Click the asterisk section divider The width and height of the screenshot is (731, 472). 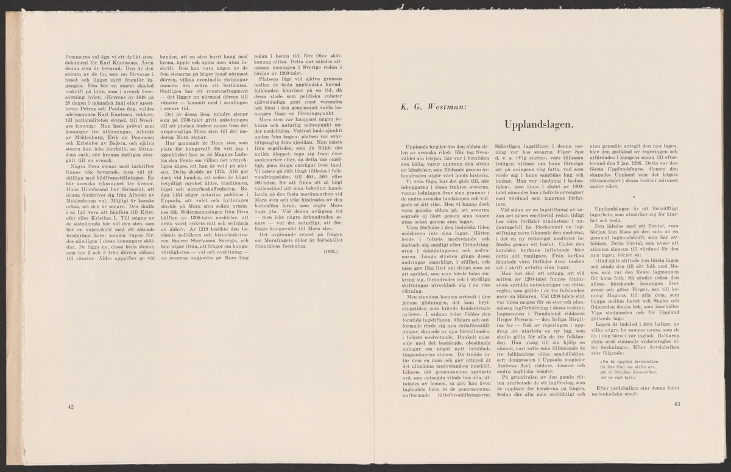point(634,197)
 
